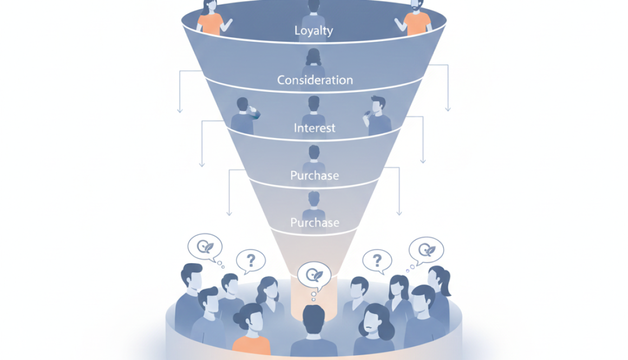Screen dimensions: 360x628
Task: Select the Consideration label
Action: (315, 80)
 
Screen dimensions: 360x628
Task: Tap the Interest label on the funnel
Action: (315, 128)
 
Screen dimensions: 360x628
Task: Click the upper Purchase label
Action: (315, 175)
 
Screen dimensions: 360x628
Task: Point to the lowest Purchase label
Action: (315, 222)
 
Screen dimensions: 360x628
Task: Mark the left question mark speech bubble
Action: (250, 261)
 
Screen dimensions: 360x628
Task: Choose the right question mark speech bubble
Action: (377, 261)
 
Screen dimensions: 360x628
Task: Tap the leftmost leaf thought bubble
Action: (205, 247)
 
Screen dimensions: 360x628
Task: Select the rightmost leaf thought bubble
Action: (426, 250)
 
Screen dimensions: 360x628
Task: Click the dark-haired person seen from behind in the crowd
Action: (314, 330)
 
